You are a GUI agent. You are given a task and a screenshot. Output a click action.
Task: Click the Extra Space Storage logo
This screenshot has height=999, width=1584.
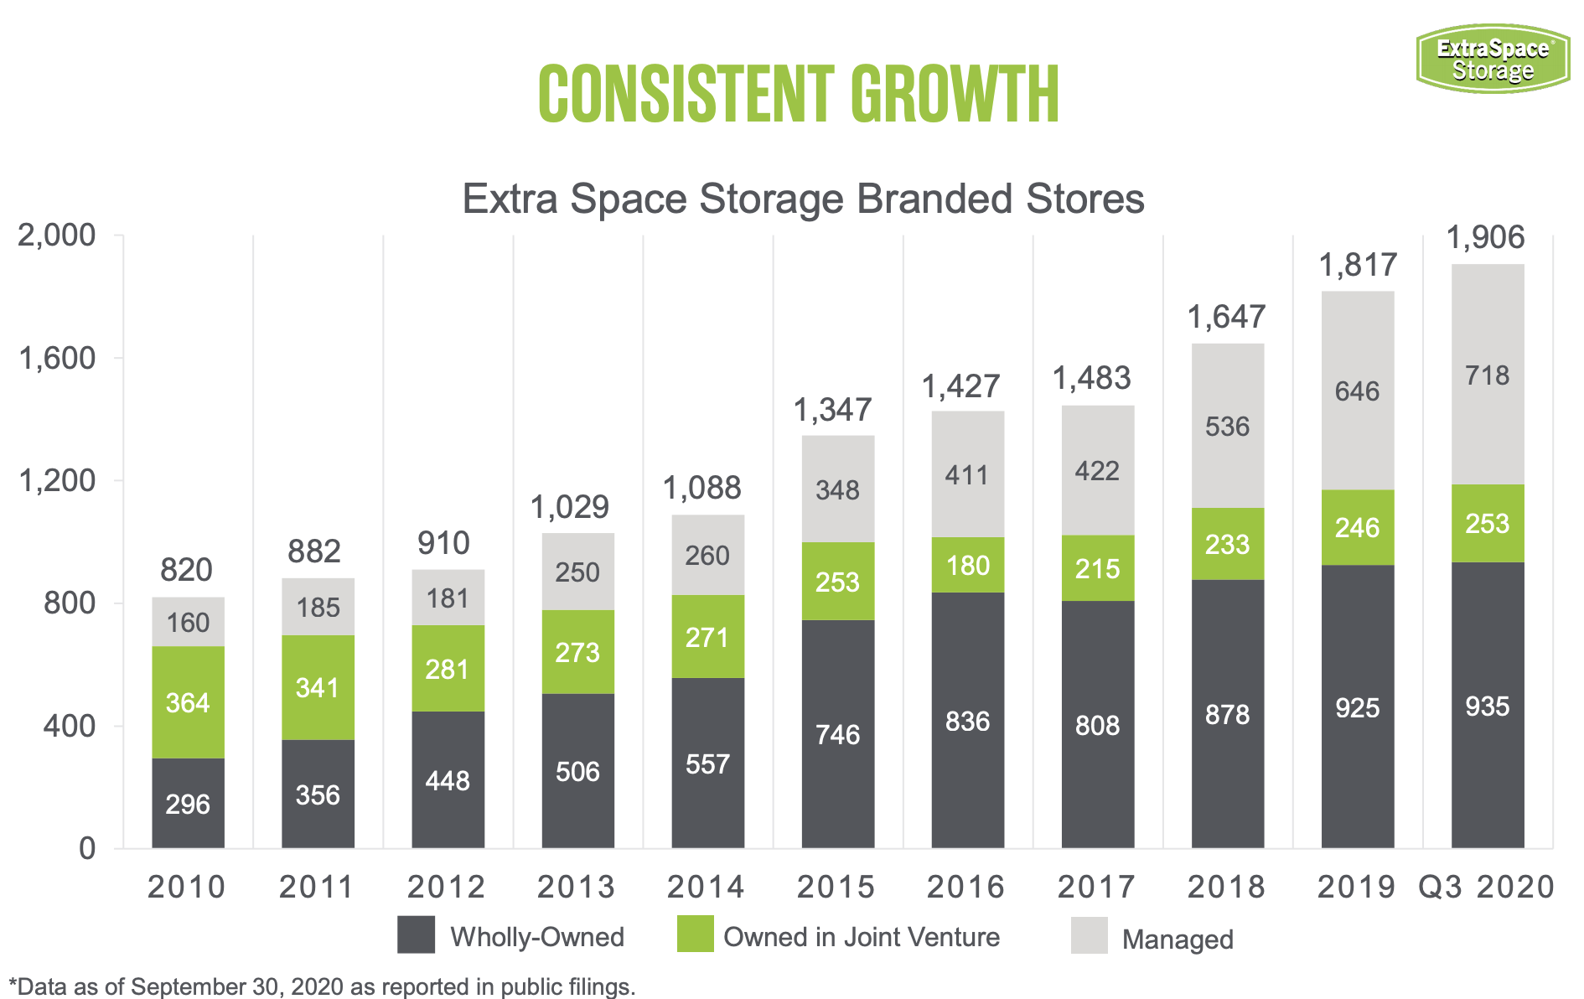coord(1493,59)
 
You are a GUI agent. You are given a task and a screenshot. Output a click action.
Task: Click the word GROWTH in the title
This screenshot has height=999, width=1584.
coord(955,94)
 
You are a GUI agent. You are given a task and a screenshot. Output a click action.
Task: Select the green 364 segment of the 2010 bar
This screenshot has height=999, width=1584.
coord(188,702)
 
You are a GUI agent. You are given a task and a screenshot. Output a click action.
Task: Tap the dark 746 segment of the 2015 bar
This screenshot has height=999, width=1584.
coord(837,734)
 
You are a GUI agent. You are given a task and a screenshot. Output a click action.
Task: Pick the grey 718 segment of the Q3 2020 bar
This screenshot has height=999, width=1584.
coord(1487,375)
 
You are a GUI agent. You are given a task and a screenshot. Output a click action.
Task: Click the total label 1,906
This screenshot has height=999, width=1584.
coord(1486,238)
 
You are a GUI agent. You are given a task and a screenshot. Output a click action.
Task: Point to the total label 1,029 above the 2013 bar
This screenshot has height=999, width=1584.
coord(570,507)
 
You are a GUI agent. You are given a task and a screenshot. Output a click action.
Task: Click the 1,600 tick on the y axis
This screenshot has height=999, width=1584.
coord(57,358)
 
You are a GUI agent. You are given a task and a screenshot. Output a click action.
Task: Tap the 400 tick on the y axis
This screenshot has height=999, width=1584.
coord(69,726)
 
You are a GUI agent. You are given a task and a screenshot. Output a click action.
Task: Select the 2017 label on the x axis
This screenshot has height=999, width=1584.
coord(1096,887)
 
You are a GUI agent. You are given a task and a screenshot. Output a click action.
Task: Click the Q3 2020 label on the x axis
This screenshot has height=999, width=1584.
coord(1486,887)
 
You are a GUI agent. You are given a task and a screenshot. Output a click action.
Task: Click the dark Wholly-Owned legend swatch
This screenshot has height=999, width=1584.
coord(416,934)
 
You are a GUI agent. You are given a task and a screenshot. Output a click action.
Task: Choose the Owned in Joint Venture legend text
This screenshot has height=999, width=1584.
coord(861,937)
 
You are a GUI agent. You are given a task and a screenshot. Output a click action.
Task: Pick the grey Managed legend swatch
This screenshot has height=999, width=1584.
coord(1089,935)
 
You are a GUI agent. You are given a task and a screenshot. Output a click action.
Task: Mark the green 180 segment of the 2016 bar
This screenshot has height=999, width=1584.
coord(967,565)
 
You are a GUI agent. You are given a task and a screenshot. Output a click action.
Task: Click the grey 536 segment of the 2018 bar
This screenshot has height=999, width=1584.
coord(1227,427)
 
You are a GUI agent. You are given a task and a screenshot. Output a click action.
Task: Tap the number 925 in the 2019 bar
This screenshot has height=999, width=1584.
coord(1357,708)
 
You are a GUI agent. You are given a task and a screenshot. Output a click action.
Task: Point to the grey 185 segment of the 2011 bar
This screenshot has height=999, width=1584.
coord(318,607)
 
